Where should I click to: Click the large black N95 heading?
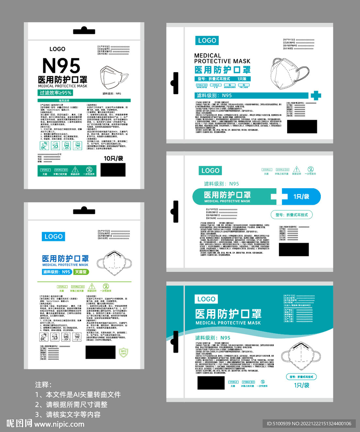[x=61, y=66]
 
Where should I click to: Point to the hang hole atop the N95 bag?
[x=84, y=30]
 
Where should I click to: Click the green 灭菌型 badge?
[x=81, y=272]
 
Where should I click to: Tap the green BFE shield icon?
[x=124, y=352]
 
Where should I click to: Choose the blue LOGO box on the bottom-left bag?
[x=54, y=236]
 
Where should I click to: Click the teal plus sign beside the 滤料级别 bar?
[x=315, y=95]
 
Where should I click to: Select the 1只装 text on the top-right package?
[x=244, y=79]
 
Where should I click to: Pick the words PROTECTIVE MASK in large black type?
[x=222, y=61]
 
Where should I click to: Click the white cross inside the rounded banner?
[x=279, y=197]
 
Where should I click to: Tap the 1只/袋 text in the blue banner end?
[x=301, y=197]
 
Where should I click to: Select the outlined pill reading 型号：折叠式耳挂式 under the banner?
[x=291, y=215]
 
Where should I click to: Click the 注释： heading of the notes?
[x=43, y=385]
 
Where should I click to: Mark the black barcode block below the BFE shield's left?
[x=100, y=352]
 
